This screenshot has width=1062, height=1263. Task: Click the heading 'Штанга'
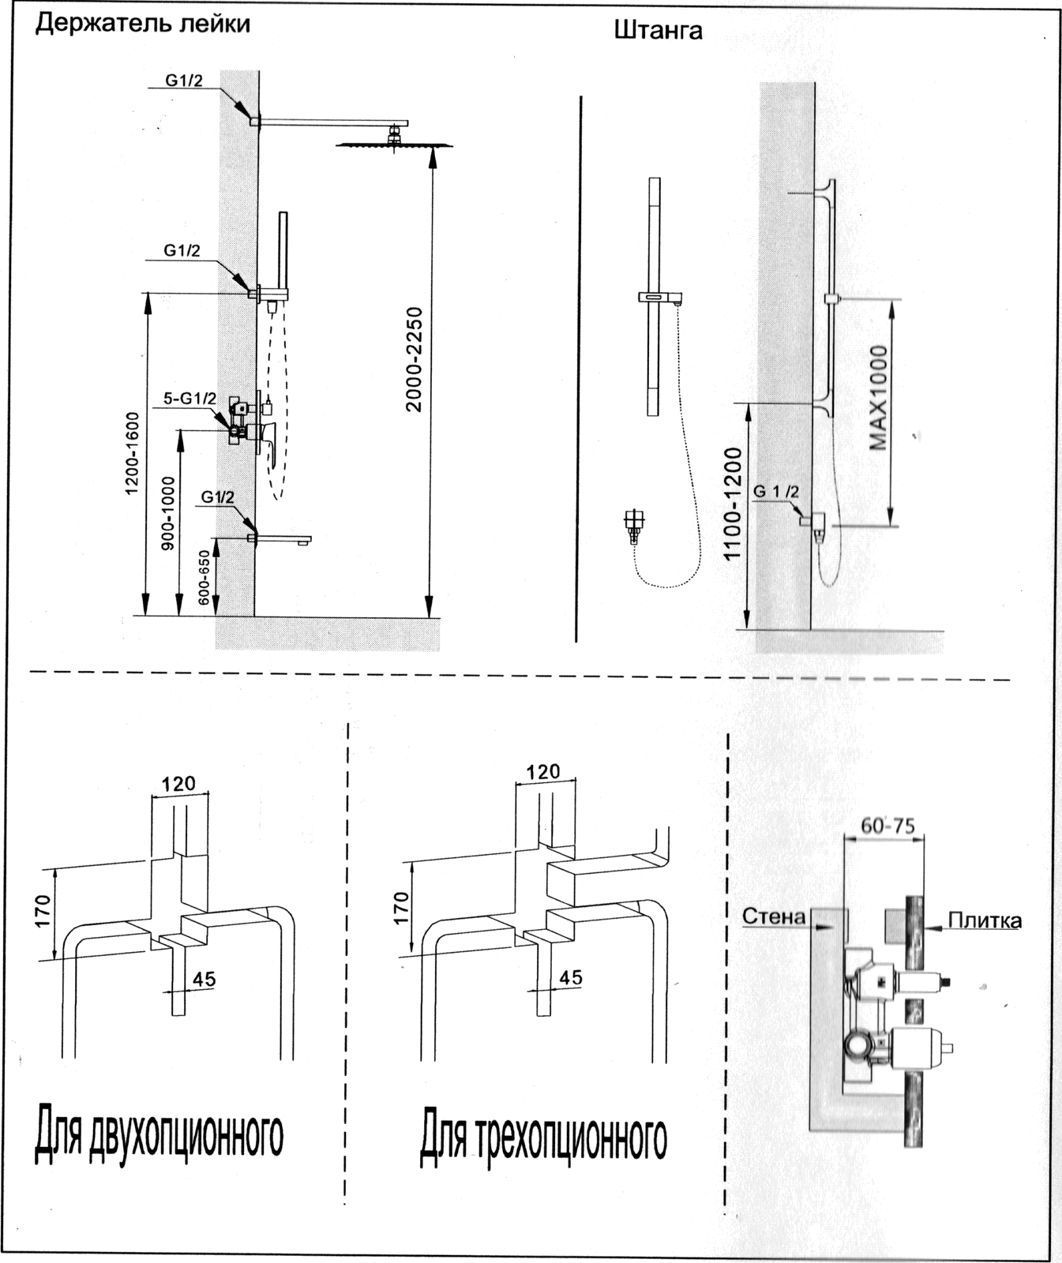click(658, 32)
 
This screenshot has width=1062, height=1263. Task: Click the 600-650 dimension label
click(205, 578)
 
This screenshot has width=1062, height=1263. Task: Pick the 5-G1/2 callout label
click(190, 399)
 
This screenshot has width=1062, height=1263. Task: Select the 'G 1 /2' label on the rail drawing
click(776, 492)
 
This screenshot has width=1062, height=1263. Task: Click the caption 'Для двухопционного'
click(158, 1135)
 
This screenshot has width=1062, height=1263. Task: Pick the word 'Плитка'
click(985, 920)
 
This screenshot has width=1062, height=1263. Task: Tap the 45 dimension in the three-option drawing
click(570, 977)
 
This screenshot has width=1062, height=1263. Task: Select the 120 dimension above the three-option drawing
click(544, 770)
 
